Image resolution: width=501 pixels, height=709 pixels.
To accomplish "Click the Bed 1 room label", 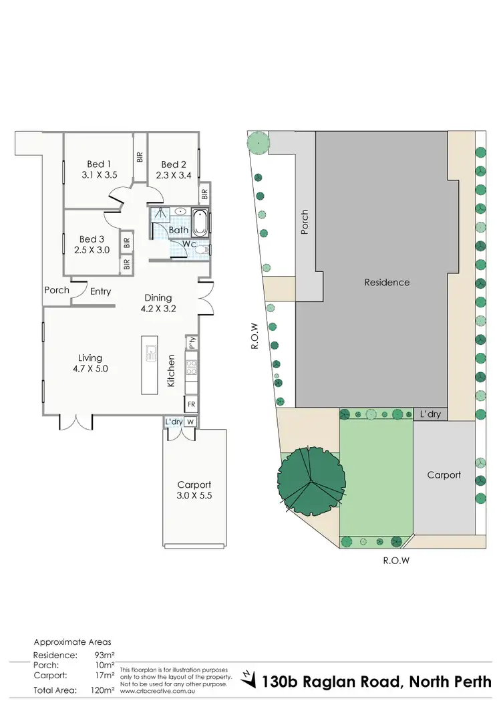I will [x=99, y=164].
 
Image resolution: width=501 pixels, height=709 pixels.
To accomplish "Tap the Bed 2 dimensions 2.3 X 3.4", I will [x=173, y=176].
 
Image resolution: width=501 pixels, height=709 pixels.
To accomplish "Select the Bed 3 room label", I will [x=92, y=239].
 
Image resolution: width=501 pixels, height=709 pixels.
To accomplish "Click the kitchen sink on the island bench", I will [x=150, y=350].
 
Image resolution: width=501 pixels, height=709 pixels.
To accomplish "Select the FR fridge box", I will [x=191, y=404].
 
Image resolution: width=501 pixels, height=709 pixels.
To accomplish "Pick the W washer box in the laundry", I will [x=190, y=422].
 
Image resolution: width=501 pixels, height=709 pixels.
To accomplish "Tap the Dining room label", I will [x=158, y=297].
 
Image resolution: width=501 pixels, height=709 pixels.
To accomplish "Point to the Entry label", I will [x=101, y=291].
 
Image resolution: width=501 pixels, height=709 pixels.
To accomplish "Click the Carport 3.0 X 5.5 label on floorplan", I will [x=194, y=491].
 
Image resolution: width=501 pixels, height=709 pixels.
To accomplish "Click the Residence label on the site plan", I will [x=387, y=282].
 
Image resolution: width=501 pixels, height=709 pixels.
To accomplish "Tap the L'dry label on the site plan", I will [x=430, y=415].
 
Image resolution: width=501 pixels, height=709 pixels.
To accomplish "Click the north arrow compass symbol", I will [x=249, y=680].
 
